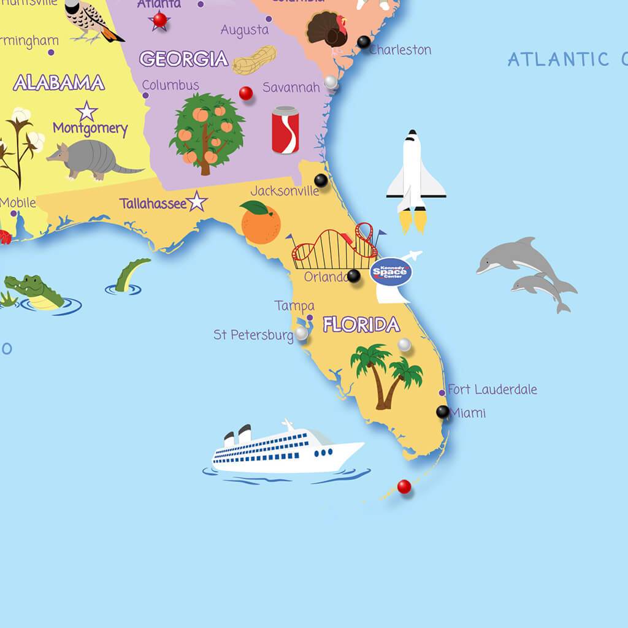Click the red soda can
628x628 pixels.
coord(285,129)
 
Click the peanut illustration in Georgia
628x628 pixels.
coord(254,60)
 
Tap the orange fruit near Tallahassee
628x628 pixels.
coord(260,222)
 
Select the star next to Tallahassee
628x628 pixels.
coord(197,201)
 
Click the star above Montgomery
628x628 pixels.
coord(86,112)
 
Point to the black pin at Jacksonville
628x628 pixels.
coord(321,180)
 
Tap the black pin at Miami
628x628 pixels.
coord(442,412)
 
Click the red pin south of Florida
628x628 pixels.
coord(404,487)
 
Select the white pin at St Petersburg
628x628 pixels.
coord(301,333)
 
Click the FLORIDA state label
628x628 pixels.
coord(361,324)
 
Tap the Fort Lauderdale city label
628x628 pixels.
coord(492,389)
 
